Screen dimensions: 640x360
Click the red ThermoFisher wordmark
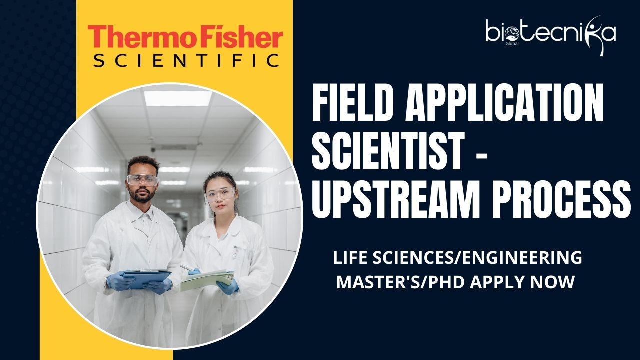(x=185, y=37)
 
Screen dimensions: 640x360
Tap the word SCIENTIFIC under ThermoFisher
(x=186, y=60)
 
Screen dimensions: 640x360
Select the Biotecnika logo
(x=550, y=35)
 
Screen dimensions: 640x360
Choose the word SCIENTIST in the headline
(x=387, y=151)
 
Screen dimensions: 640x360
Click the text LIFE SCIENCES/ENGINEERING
(x=457, y=257)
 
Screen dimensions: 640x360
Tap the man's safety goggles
(x=142, y=180)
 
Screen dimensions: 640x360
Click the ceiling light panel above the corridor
(x=178, y=99)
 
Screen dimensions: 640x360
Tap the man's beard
(x=142, y=196)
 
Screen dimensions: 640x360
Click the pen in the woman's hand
(x=187, y=268)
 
